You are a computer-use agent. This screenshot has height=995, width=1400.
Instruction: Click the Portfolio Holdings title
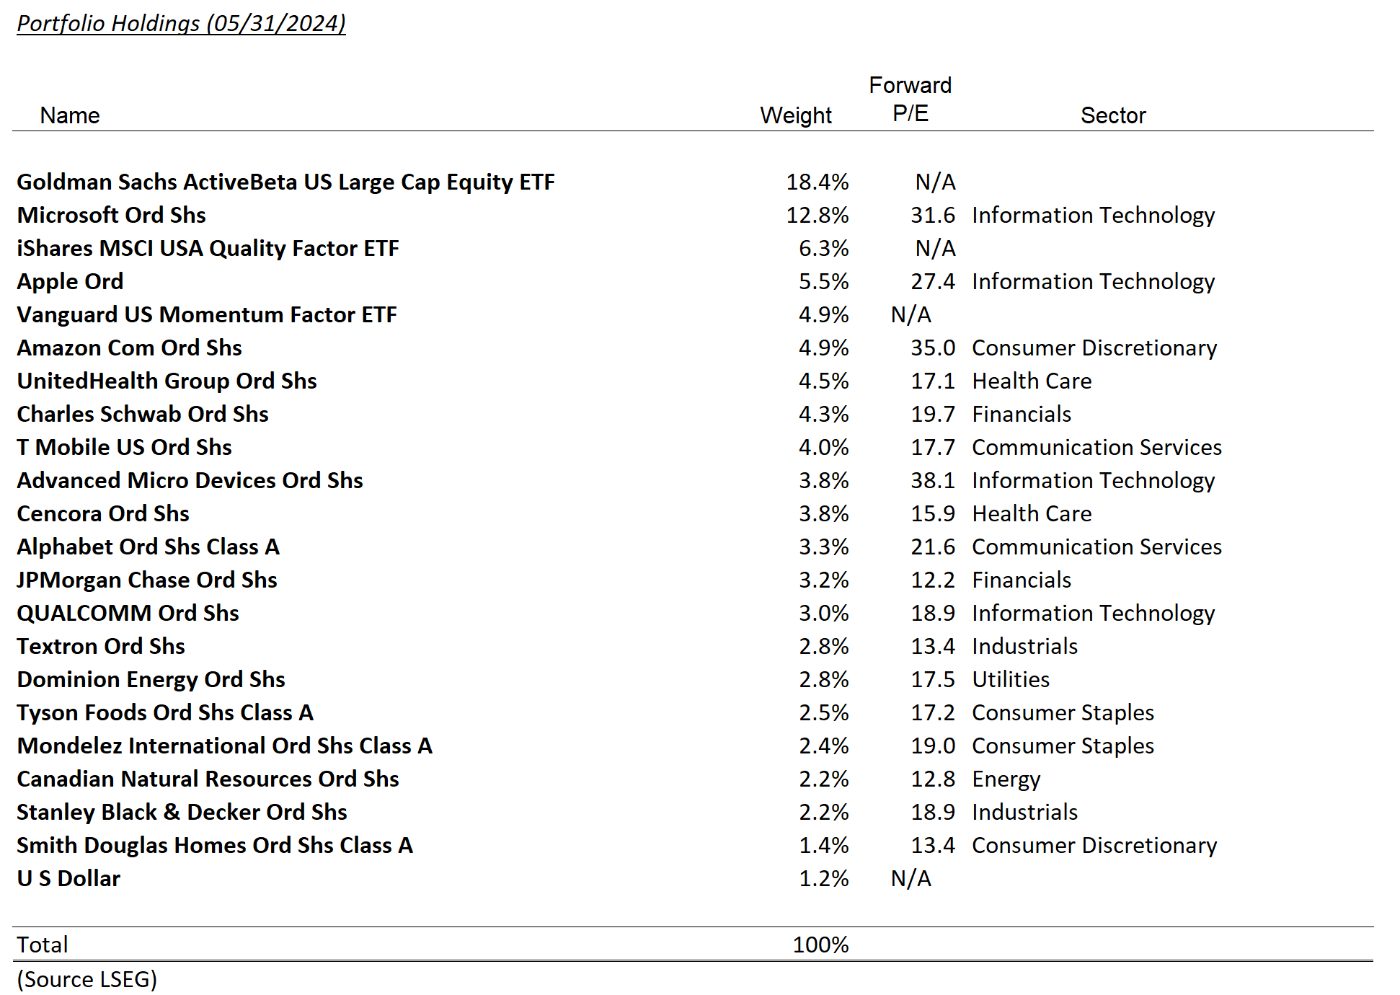tap(181, 23)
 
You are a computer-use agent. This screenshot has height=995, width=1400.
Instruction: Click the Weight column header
tap(795, 115)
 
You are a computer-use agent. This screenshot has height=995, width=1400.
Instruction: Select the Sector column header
tap(1112, 115)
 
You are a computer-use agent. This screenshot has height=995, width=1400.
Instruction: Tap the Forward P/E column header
tap(910, 99)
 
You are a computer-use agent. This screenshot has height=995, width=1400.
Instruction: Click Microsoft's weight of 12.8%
tap(817, 215)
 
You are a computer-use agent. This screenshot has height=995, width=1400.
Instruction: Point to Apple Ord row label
tap(70, 281)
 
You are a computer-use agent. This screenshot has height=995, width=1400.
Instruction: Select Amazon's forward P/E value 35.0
tap(932, 348)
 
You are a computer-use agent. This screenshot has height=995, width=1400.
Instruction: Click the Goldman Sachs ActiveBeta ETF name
tap(285, 182)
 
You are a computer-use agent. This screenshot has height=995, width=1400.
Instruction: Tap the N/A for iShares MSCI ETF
tap(935, 248)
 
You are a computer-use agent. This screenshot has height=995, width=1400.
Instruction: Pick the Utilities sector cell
tap(1010, 679)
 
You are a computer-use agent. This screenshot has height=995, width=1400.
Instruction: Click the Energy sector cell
tap(1006, 779)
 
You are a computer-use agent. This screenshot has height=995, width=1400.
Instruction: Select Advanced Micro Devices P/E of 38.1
tap(932, 480)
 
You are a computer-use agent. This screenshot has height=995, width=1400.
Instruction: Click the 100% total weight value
tap(820, 945)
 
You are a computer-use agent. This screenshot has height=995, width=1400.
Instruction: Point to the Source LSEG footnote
tap(87, 979)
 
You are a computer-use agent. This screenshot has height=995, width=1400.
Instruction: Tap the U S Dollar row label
tap(68, 878)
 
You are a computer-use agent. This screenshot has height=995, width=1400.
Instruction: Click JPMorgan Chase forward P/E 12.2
tap(932, 580)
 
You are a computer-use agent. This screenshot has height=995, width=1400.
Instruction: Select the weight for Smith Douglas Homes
tap(823, 845)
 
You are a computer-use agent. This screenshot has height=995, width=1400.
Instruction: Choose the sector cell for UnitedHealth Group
tap(1031, 381)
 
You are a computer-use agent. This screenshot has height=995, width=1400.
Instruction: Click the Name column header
tap(70, 115)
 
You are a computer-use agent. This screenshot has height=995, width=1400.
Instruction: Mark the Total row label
tap(43, 945)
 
